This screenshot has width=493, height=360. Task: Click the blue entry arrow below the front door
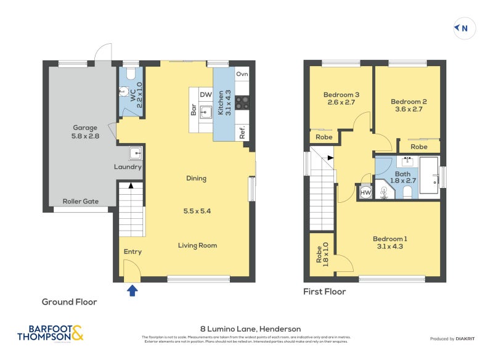(x=132, y=290)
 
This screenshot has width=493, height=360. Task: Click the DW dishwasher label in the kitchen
(x=206, y=95)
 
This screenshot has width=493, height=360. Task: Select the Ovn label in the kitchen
(x=242, y=74)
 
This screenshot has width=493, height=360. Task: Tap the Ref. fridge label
(x=242, y=132)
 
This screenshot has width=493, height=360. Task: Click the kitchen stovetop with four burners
(x=242, y=104)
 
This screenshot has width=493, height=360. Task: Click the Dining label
(x=196, y=179)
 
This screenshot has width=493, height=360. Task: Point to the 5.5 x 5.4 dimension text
(x=197, y=211)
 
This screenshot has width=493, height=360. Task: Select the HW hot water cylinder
(x=365, y=193)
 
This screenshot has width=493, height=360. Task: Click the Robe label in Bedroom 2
(x=419, y=147)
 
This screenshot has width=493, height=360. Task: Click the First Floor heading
(x=324, y=292)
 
